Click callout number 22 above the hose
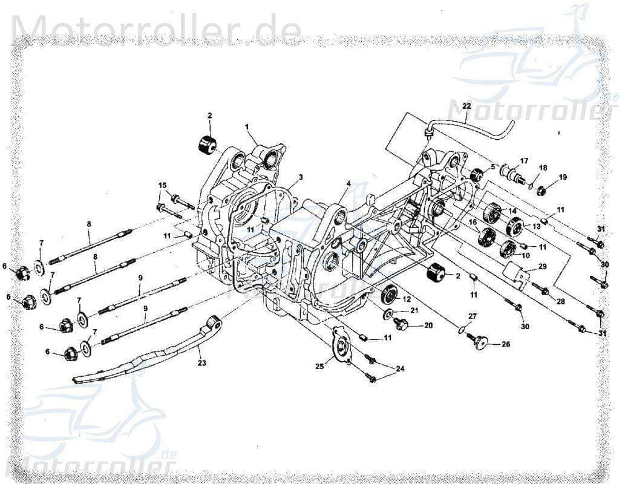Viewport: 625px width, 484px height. (466, 106)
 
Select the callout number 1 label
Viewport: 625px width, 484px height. (247, 126)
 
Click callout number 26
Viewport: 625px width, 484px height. (506, 344)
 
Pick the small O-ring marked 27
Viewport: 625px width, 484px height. (462, 330)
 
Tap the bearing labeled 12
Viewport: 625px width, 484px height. (388, 295)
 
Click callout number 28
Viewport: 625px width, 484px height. (560, 301)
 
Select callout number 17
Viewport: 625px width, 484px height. (524, 161)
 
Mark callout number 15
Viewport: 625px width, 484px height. (162, 185)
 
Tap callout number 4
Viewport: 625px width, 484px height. (348, 183)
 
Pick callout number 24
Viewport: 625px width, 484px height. (400, 368)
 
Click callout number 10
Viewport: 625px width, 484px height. (525, 255)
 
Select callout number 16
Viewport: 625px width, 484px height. (474, 223)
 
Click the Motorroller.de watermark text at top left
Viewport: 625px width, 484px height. (156, 28)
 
